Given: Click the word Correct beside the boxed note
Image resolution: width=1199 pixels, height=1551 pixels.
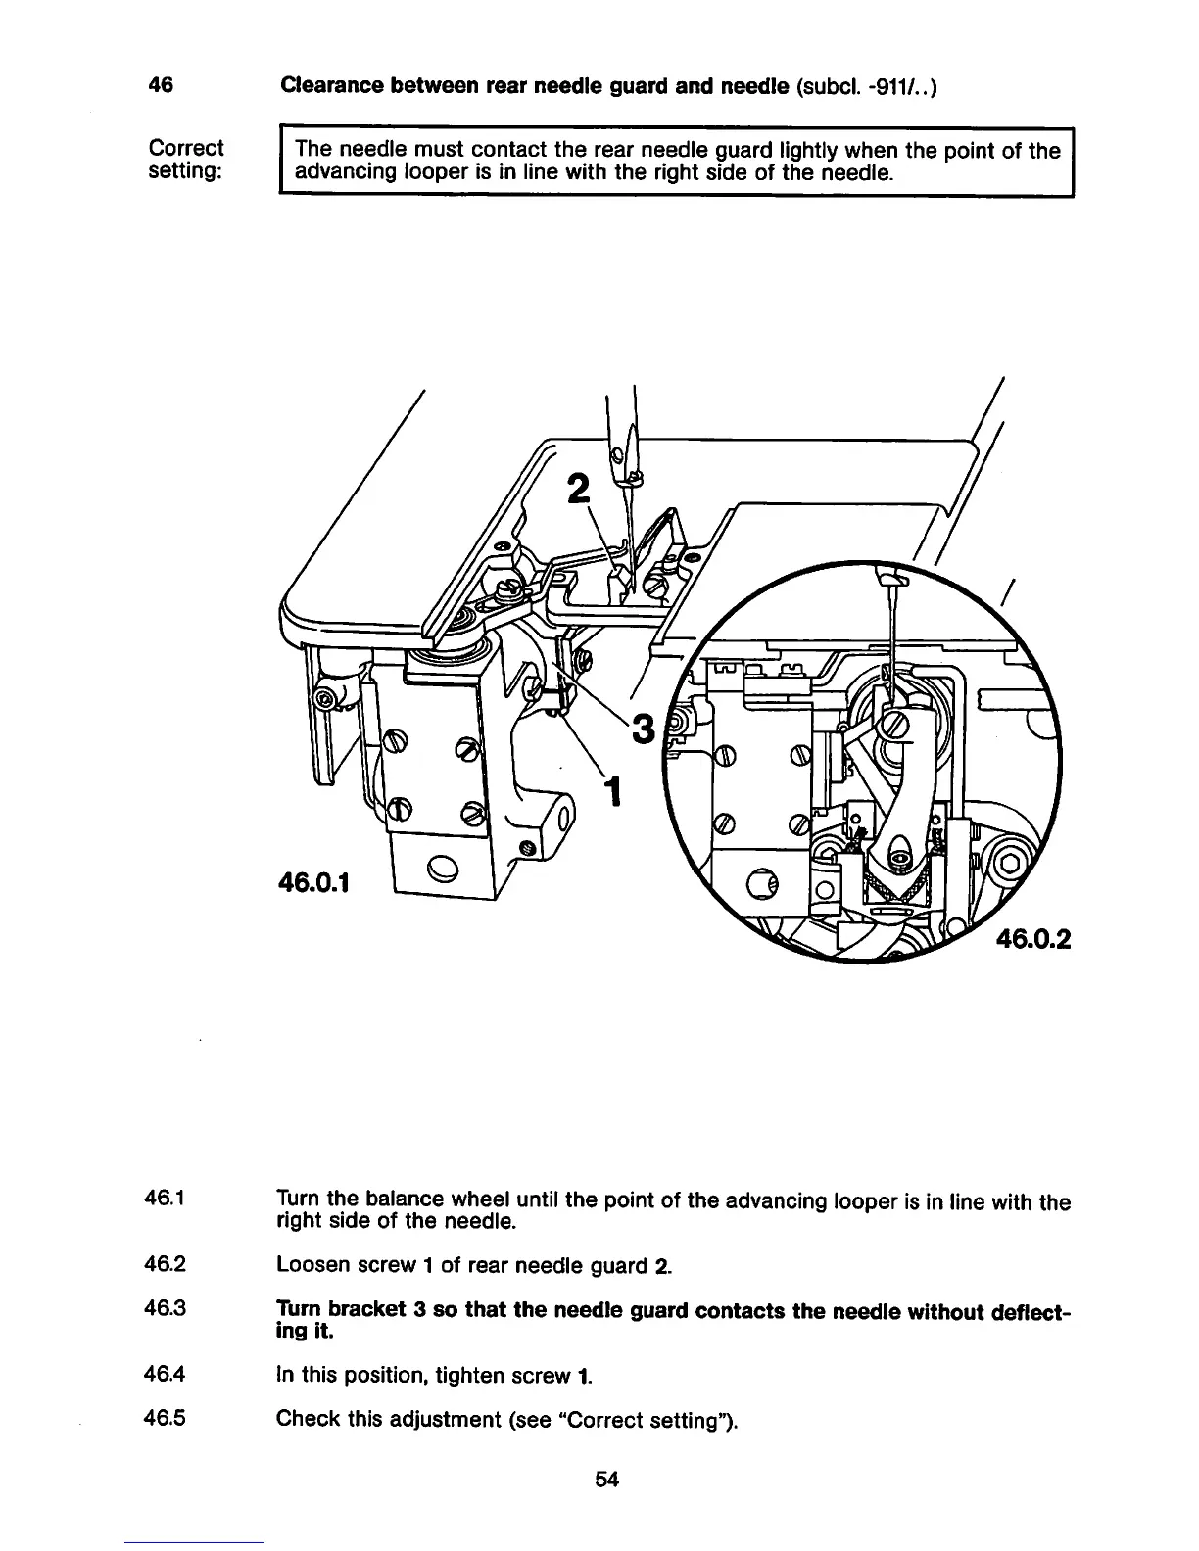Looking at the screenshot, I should click(x=185, y=149).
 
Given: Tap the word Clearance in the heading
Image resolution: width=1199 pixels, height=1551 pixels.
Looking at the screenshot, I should click(x=330, y=85).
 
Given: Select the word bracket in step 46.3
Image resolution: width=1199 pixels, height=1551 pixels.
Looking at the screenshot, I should click(x=372, y=1310).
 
